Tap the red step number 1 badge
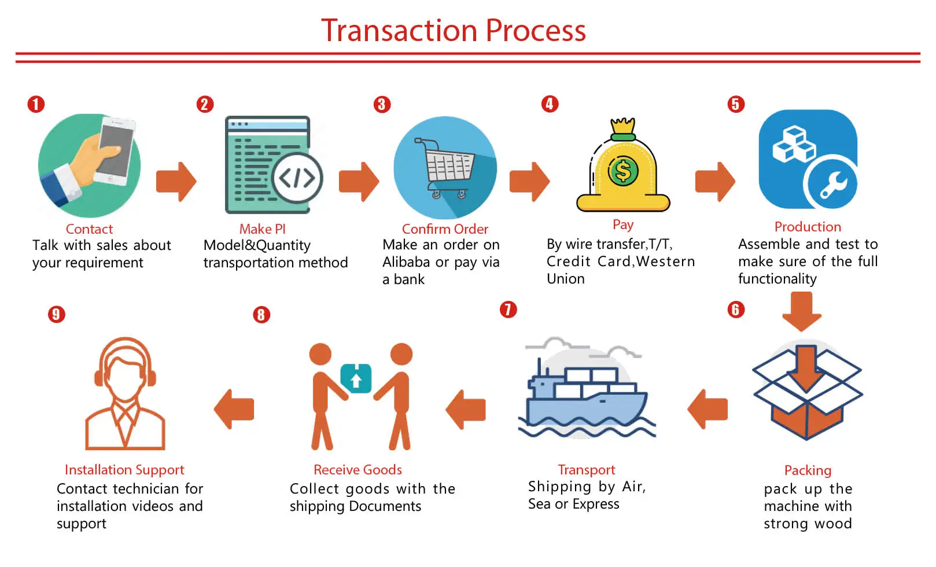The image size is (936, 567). [36, 104]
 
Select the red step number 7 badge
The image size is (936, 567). [508, 310]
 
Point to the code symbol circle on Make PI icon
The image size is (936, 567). [297, 178]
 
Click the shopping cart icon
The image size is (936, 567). [445, 167]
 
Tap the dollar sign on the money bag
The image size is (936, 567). [623, 171]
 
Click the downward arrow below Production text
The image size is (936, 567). [802, 311]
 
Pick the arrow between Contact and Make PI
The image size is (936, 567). [176, 182]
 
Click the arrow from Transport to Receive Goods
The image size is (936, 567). [466, 410]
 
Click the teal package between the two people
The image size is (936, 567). [356, 379]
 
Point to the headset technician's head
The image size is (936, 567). [125, 370]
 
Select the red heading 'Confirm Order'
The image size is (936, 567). [445, 229]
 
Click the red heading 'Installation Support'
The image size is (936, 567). [124, 470]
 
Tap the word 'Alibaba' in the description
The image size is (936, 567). [406, 262]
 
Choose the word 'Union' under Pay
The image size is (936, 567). [565, 279]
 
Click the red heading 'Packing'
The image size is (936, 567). [808, 470]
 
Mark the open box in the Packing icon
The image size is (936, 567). [807, 399]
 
